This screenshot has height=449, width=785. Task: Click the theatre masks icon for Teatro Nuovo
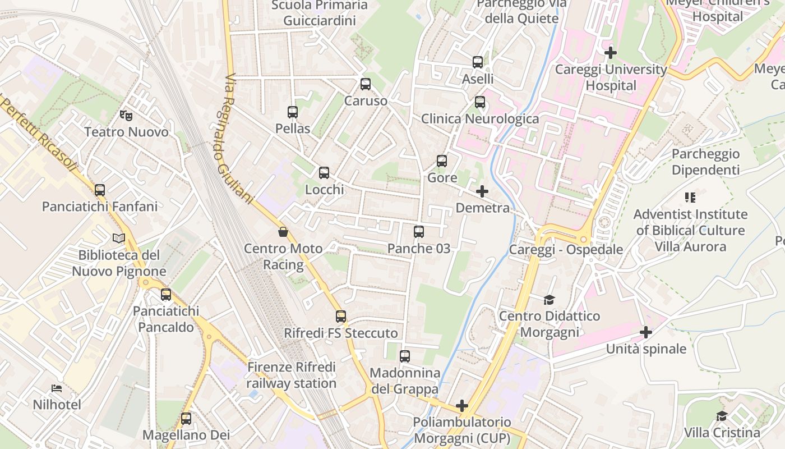point(126,116)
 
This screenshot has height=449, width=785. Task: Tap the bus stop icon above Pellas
point(293,112)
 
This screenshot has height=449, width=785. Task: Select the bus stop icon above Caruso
point(366,84)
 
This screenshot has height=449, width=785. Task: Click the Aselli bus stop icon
point(478,62)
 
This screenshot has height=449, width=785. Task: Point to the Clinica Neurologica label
point(479,119)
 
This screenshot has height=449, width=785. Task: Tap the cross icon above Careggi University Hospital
point(611,53)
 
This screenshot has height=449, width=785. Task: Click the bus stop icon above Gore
point(442,161)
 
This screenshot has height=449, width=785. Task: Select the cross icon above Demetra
point(482,191)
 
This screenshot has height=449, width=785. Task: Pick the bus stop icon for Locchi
point(324,173)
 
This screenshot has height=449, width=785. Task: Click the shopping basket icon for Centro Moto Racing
point(283,232)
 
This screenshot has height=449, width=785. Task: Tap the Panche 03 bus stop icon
point(419,232)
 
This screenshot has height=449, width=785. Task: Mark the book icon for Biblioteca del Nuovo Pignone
point(119,239)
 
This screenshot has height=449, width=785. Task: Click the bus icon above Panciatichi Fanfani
point(100,190)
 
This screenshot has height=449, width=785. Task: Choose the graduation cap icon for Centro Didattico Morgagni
point(549,300)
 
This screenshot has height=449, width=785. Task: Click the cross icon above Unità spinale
point(646,332)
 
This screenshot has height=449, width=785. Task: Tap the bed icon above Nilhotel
point(57,388)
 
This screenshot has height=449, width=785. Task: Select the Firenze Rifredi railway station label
point(292,375)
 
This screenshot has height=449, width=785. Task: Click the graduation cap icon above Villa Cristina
point(722,416)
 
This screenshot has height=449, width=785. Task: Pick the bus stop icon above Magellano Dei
point(186,418)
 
